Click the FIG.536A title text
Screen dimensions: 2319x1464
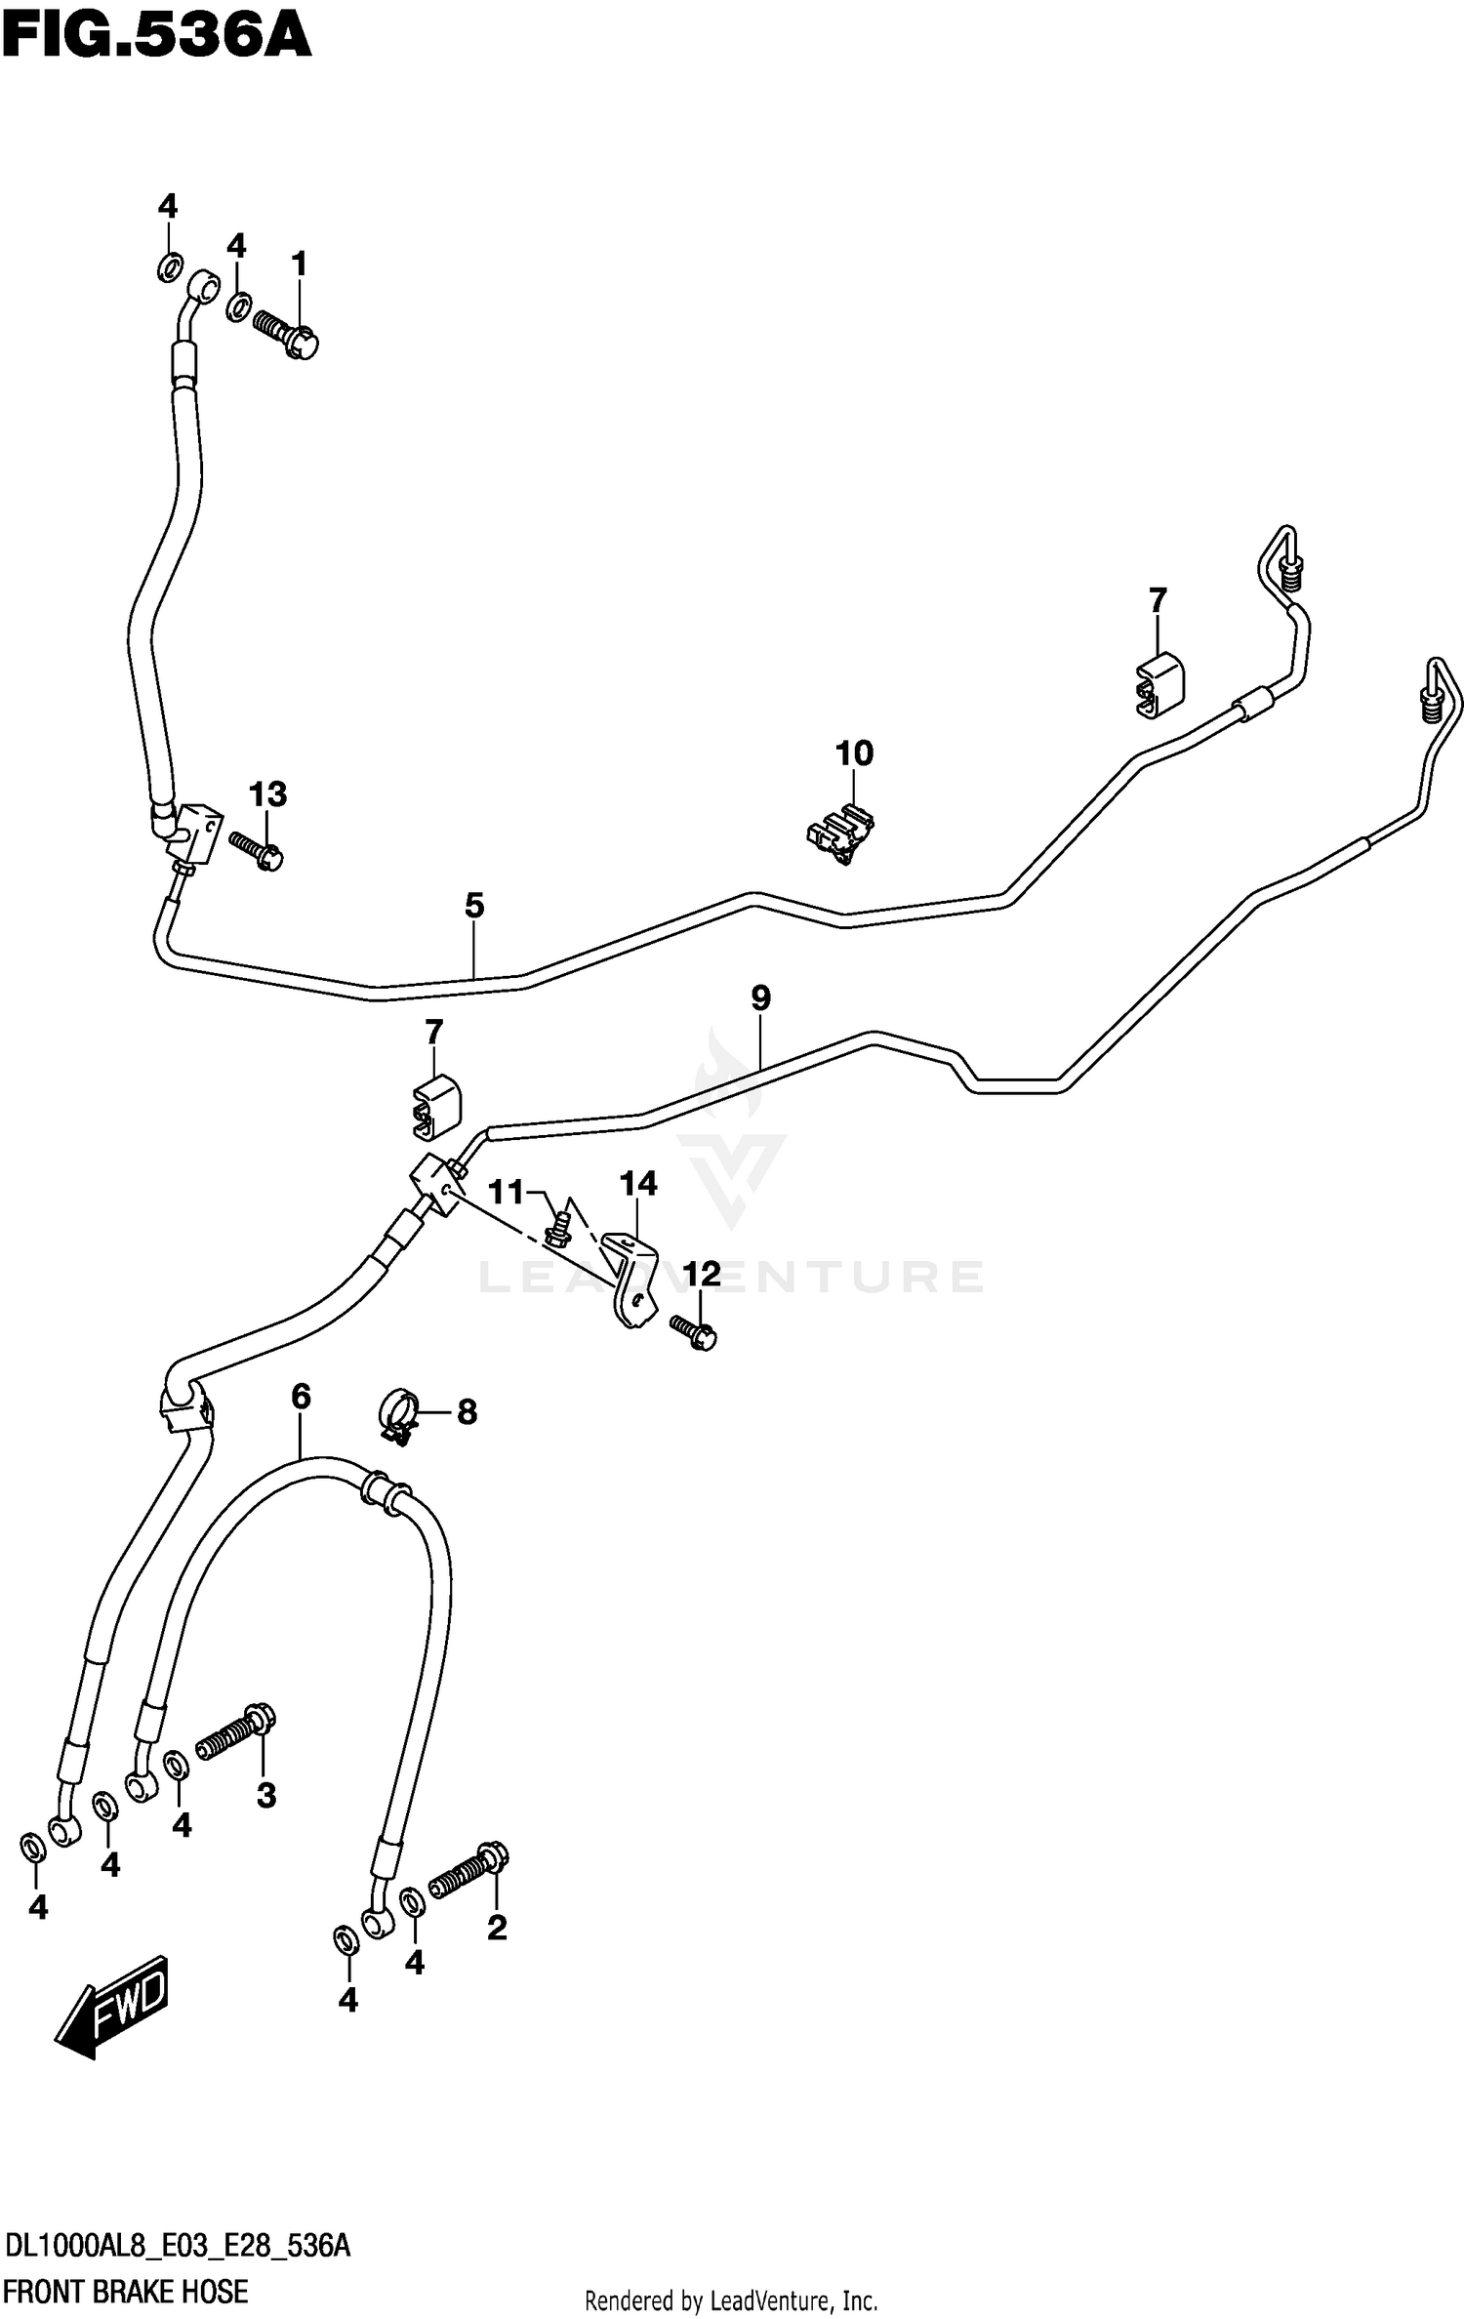pos(156,36)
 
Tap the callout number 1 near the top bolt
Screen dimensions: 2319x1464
pos(299,264)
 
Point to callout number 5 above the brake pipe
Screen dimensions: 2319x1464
pos(474,906)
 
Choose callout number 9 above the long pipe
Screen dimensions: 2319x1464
pos(761,997)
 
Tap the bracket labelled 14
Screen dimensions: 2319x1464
pos(630,1279)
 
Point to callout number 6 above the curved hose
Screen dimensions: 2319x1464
pos(301,1397)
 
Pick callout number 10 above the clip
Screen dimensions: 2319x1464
pos(854,753)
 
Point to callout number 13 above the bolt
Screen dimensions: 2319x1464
pos(267,794)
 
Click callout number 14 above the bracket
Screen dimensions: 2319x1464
pos(638,1184)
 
